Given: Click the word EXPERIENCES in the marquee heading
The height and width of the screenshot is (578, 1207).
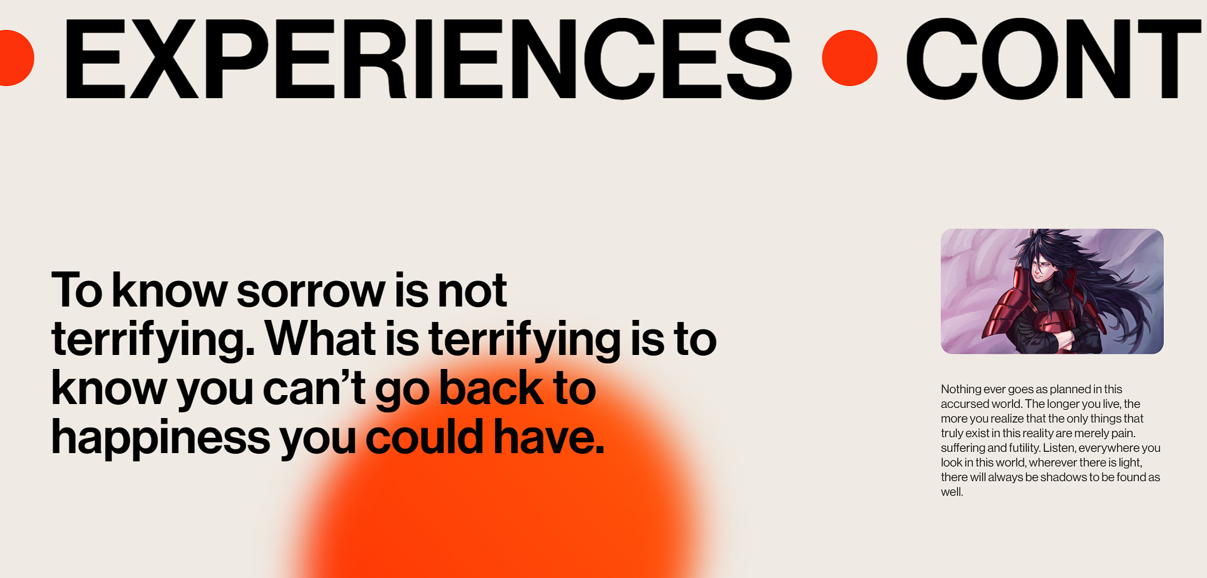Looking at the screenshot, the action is coord(427,59).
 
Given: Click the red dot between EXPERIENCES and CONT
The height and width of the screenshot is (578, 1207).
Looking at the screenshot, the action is coord(850,58).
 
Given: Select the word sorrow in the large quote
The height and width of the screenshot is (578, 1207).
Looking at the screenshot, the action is coord(311,291).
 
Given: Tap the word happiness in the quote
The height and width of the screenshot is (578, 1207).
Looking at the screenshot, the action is coord(161,438).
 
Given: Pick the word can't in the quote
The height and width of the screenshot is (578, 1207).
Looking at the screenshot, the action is coord(314,389).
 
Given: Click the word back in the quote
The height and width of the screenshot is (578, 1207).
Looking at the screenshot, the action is coord(490,388).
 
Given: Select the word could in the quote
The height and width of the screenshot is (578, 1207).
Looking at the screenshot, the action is coord(424,437).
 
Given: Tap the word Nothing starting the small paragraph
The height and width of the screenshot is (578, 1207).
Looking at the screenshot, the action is coord(961,389).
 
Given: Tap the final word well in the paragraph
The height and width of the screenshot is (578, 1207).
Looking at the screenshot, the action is coord(952,492).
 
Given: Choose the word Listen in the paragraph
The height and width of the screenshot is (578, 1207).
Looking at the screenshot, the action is coord(1059,448).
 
